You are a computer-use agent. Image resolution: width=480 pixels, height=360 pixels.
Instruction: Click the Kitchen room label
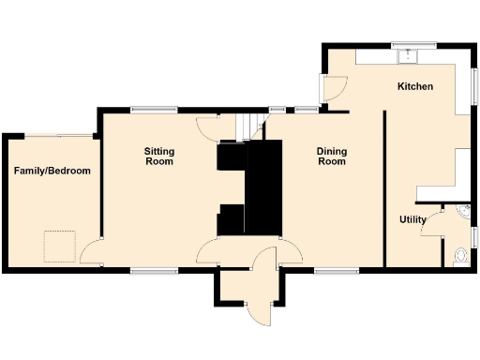coord(415,86)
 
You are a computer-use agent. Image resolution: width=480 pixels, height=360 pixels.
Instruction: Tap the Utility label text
coord(412,220)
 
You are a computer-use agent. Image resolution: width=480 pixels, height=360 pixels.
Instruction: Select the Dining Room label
coord(332,156)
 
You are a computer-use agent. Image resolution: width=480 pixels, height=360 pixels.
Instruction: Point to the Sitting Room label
coord(158,156)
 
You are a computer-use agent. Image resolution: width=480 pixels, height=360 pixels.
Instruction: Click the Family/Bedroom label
coord(52,171)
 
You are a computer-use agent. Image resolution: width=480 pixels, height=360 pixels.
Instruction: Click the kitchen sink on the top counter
coord(408,56)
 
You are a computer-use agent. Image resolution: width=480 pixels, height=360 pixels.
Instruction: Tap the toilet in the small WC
coord(459,255)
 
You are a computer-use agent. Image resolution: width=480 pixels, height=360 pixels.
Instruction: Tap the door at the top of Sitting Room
coord(208,128)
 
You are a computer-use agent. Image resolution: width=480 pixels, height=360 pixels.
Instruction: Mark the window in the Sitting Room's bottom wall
coord(155,271)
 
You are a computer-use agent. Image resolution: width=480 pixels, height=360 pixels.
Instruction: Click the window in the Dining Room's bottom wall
coord(330,271)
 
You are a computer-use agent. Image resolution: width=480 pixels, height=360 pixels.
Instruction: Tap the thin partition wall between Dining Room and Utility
coord(385,187)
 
